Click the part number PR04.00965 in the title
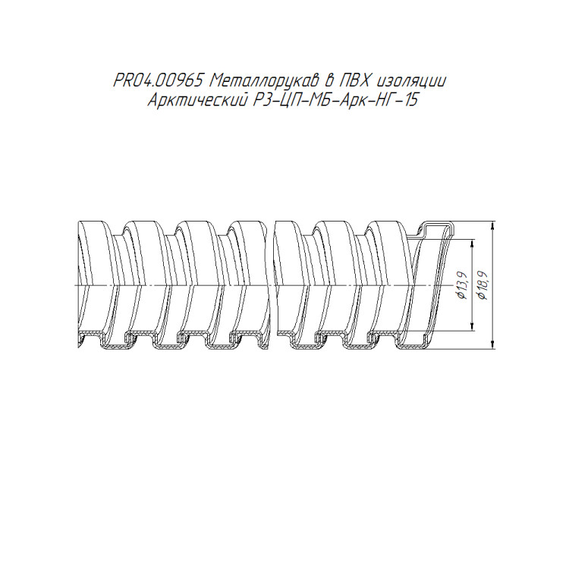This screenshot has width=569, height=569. tap(158, 81)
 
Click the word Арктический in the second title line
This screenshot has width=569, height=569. tap(196, 100)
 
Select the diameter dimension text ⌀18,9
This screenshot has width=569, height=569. tap(483, 285)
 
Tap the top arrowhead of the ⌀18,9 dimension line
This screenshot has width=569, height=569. tap(492, 225)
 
